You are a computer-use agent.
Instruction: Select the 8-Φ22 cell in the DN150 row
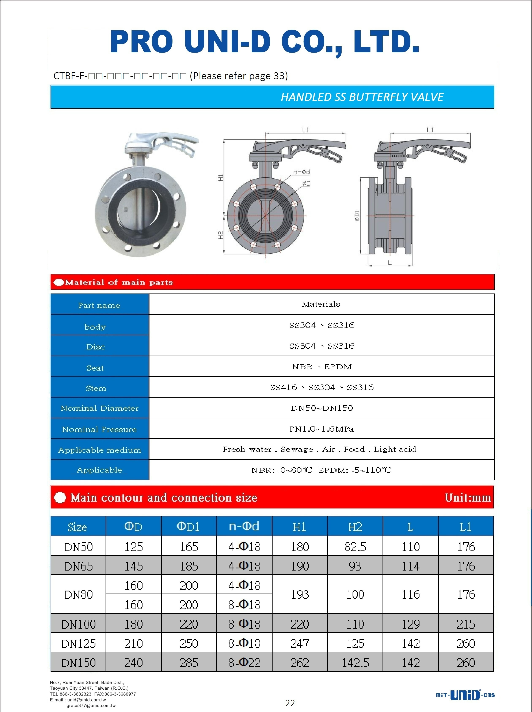pyautogui.click(x=244, y=663)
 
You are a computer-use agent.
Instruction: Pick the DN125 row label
pyautogui.click(x=78, y=643)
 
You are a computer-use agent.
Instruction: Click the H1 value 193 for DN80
pyautogui.click(x=300, y=595)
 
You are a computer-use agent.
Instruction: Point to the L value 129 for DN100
pyautogui.click(x=410, y=624)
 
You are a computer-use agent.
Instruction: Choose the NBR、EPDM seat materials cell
pyautogui.click(x=322, y=367)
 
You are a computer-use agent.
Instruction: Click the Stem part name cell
pyautogui.click(x=96, y=388)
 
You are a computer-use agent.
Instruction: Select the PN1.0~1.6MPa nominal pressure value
pyautogui.click(x=322, y=429)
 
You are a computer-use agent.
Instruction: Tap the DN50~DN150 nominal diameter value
pyautogui.click(x=322, y=408)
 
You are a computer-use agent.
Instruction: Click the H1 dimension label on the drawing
pyautogui.click(x=221, y=178)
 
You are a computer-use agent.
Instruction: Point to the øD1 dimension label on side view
pyautogui.click(x=357, y=215)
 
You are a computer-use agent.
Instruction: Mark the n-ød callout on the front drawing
pyautogui.click(x=301, y=172)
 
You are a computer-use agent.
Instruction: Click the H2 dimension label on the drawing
pyautogui.click(x=221, y=235)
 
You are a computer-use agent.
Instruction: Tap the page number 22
pyautogui.click(x=290, y=703)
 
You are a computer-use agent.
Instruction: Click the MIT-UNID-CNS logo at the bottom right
pyautogui.click(x=465, y=695)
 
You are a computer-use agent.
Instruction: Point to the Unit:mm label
pyautogui.click(x=468, y=498)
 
